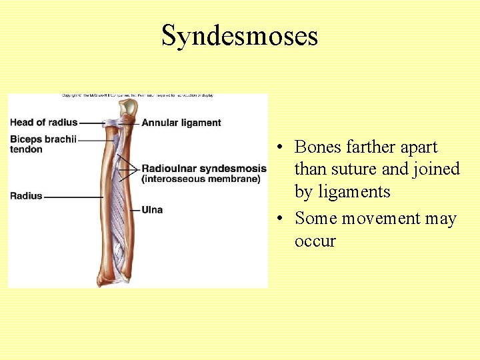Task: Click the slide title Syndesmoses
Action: click(239, 35)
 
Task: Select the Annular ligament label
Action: click(181, 123)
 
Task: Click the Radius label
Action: click(26, 196)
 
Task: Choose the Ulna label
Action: click(152, 210)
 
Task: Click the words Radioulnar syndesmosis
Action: click(203, 169)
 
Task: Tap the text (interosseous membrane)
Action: click(201, 179)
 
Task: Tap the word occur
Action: click(315, 241)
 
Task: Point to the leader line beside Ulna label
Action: click(133, 211)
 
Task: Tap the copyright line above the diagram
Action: click(138, 95)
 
